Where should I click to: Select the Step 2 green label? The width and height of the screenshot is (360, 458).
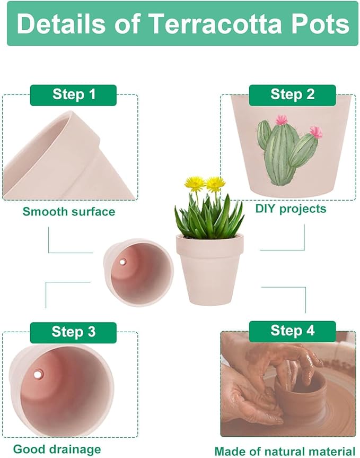pyautogui.click(x=292, y=95)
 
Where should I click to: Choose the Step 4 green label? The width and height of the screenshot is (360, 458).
pyautogui.click(x=292, y=331)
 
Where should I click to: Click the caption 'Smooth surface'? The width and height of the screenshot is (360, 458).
pyautogui.click(x=68, y=212)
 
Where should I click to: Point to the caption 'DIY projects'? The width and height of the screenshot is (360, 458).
pyautogui.click(x=291, y=209)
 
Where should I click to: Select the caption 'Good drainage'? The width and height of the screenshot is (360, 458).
pyautogui.click(x=57, y=449)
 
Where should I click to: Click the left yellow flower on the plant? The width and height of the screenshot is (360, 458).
pyautogui.click(x=195, y=184)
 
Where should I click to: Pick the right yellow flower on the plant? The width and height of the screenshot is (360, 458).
pyautogui.click(x=215, y=184)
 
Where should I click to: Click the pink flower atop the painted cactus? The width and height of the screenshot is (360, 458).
pyautogui.click(x=281, y=120)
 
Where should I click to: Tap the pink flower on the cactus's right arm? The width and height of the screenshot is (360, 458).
pyautogui.click(x=316, y=131)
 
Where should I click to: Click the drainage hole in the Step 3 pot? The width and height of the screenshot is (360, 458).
pyautogui.click(x=38, y=375)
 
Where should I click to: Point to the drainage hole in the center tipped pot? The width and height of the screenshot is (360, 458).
pyautogui.click(x=122, y=262)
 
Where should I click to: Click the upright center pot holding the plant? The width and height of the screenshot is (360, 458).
pyautogui.click(x=209, y=268)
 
